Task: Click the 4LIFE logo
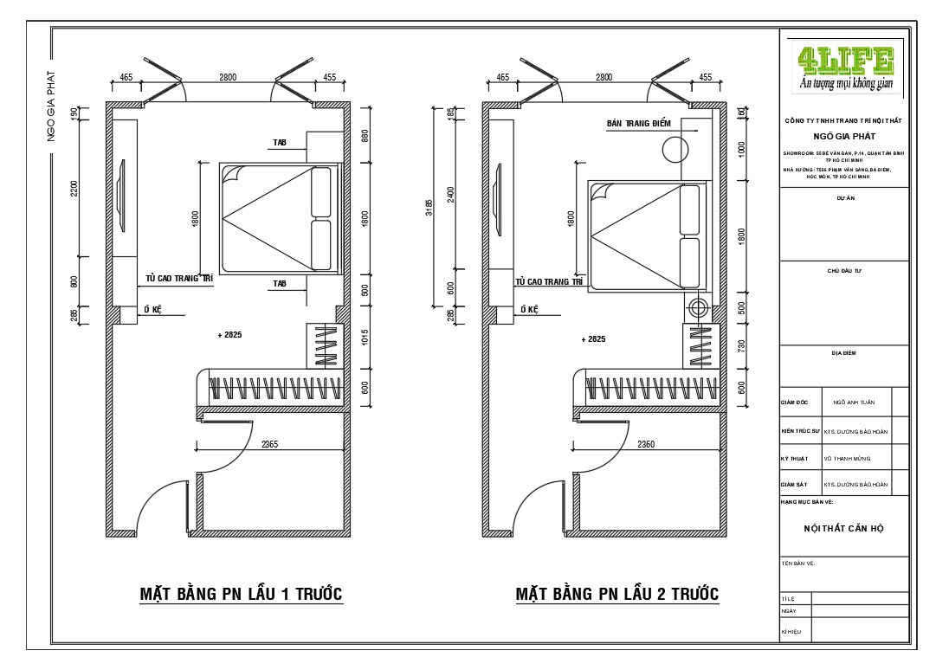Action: tap(845, 68)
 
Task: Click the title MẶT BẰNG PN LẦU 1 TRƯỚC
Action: tap(242, 595)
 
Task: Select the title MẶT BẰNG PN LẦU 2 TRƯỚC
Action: tap(617, 595)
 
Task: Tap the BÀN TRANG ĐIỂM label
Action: tap(639, 125)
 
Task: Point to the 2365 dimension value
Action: tap(270, 445)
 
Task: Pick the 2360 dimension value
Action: tap(646, 445)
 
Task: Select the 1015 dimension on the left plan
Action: tap(365, 339)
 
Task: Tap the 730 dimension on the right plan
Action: tap(741, 346)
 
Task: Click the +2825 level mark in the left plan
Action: tap(230, 334)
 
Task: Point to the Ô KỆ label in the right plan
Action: tap(528, 309)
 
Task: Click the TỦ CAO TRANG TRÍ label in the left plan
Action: tap(179, 279)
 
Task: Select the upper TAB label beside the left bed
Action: tap(279, 142)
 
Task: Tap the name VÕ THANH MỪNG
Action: tap(847, 459)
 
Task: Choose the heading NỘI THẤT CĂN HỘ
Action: tap(844, 528)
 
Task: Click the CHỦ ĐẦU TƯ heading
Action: tap(844, 271)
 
